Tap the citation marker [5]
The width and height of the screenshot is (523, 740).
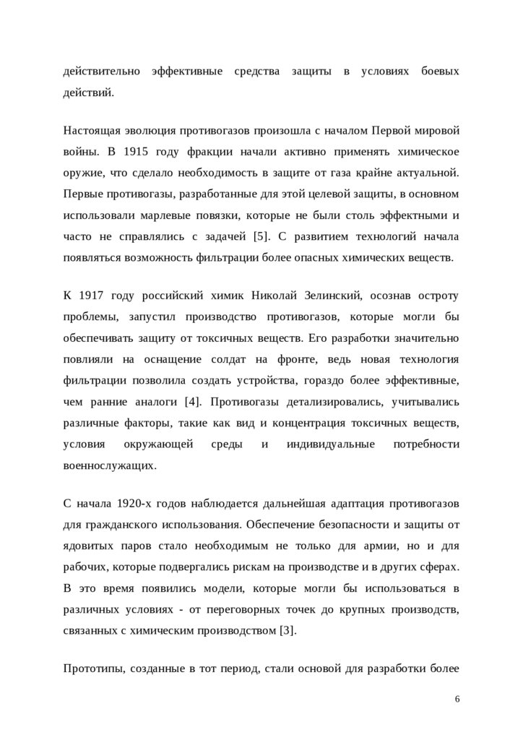click(x=261, y=236)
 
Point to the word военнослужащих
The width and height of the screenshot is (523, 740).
click(x=109, y=465)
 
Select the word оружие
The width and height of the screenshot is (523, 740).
click(x=82, y=173)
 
